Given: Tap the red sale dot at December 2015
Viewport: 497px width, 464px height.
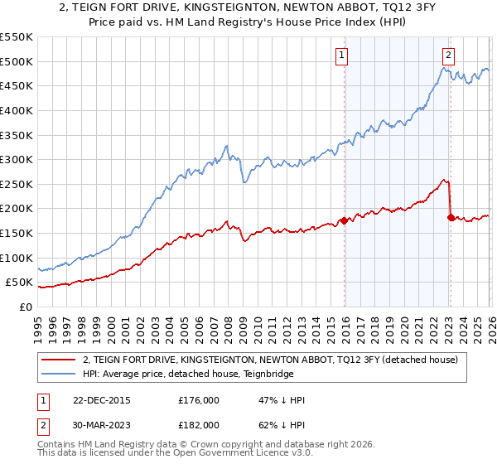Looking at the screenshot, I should click(344, 220).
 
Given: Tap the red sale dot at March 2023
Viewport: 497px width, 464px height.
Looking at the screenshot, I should click(451, 218).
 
